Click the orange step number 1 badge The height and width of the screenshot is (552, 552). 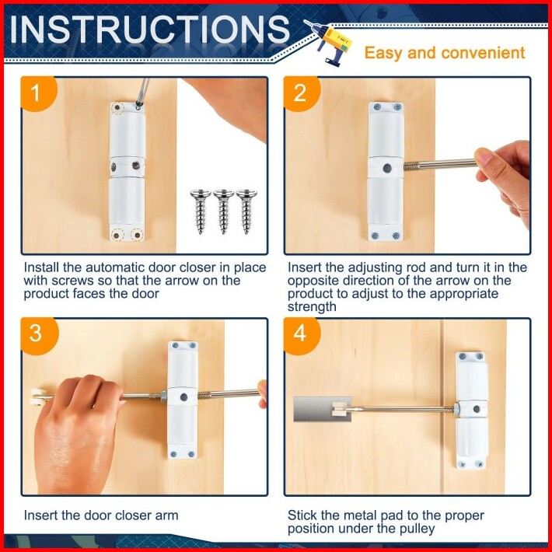tap(38, 93)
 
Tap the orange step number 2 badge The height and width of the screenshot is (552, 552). tap(301, 93)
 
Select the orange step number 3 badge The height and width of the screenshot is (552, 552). tap(38, 334)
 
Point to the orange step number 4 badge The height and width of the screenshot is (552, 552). tap(301, 334)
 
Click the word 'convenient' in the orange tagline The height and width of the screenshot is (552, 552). tap(483, 53)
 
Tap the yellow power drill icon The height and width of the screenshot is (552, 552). tap(329, 41)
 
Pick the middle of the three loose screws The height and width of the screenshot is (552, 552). tap(224, 211)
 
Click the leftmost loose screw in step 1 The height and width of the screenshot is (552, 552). tap(201, 211)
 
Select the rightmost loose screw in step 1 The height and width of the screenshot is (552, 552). tap(246, 211)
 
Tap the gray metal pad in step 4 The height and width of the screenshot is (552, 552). tap(322, 409)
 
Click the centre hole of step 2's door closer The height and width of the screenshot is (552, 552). tap(387, 168)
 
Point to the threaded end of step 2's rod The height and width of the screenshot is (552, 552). tap(411, 165)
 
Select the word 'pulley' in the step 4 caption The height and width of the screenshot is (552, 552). tap(417, 529)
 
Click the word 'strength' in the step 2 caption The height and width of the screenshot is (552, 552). tap(312, 306)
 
